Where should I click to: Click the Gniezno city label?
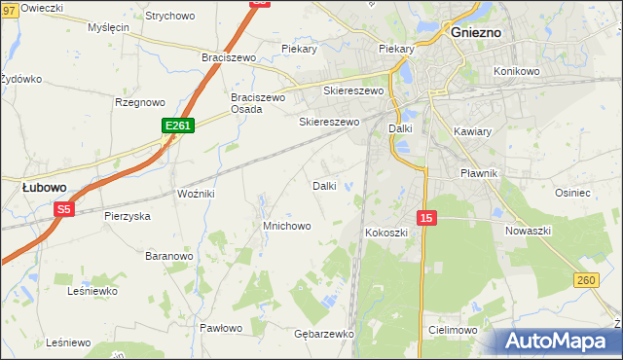tap(476, 31)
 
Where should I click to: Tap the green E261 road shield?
tap(178, 126)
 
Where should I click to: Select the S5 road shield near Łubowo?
tap(64, 208)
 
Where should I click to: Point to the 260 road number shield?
tap(585, 280)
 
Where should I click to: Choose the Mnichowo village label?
tap(286, 226)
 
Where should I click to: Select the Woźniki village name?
tap(196, 195)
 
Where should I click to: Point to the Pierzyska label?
tap(128, 216)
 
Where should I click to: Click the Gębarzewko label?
tap(323, 334)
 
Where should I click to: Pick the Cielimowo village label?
tap(453, 331)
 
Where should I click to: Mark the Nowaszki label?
tap(529, 231)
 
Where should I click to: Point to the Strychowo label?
tap(169, 17)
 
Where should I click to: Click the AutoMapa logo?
tap(559, 342)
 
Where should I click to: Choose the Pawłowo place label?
tap(220, 328)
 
